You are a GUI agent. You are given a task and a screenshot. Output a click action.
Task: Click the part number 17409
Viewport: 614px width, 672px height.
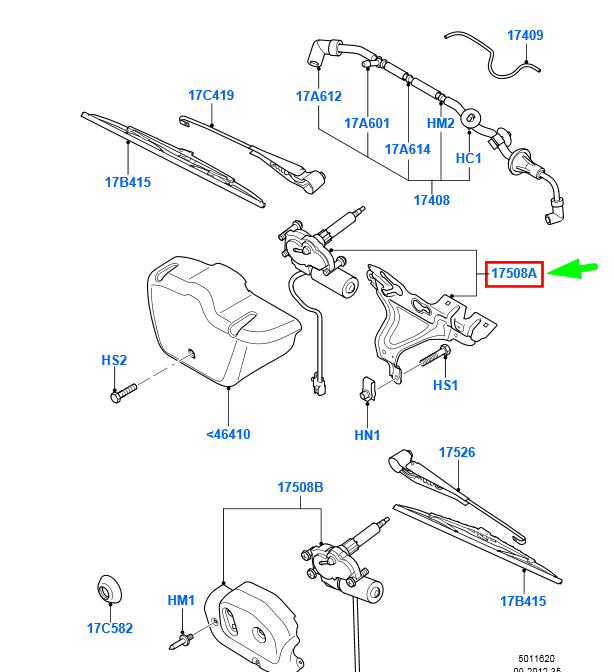pyautogui.click(x=525, y=35)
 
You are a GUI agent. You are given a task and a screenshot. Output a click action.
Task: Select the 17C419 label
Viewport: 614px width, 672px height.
pyautogui.click(x=211, y=96)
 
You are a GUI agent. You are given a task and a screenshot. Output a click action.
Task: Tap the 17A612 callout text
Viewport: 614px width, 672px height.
pyautogui.click(x=318, y=97)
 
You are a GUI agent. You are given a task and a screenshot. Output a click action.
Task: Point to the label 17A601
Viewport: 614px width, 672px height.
pyautogui.click(x=367, y=124)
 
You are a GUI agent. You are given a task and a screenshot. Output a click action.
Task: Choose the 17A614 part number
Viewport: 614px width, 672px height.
pyautogui.click(x=408, y=149)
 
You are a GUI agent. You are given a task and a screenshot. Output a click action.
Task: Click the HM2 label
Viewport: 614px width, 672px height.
pyautogui.click(x=441, y=124)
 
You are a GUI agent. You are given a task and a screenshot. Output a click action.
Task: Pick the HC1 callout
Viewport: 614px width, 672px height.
pyautogui.click(x=469, y=158)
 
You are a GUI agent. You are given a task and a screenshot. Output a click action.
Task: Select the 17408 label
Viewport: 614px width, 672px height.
pyautogui.click(x=431, y=200)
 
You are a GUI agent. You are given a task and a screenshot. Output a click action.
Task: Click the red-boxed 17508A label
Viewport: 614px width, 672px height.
pyautogui.click(x=514, y=272)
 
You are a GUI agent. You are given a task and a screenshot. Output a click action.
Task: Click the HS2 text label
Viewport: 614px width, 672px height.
pyautogui.click(x=114, y=360)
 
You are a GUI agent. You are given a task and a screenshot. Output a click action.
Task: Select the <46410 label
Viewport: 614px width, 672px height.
pyautogui.click(x=228, y=434)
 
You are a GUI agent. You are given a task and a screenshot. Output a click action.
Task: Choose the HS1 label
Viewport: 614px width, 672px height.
pyautogui.click(x=445, y=385)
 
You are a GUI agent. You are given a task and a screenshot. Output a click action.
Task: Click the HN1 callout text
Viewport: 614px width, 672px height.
pyautogui.click(x=367, y=435)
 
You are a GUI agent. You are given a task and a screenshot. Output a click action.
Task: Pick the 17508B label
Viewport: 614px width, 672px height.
pyautogui.click(x=301, y=487)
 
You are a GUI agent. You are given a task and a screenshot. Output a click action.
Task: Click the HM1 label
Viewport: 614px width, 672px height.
pyautogui.click(x=181, y=600)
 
